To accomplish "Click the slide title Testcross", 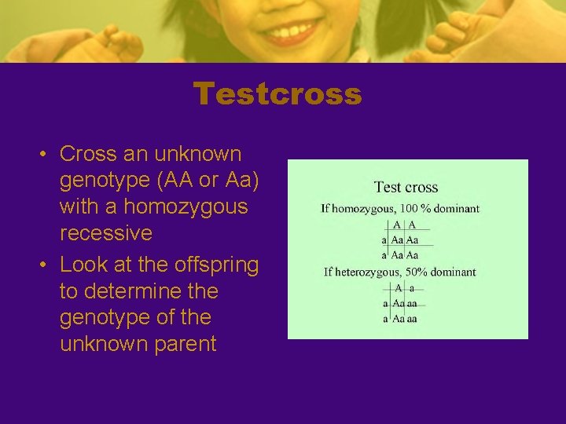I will coord(277,94).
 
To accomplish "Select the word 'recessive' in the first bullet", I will coord(106,233).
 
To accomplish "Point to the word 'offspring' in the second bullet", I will coord(211,265).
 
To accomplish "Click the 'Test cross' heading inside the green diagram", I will coord(406,187).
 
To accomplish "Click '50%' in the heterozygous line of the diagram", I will coord(412,272).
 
